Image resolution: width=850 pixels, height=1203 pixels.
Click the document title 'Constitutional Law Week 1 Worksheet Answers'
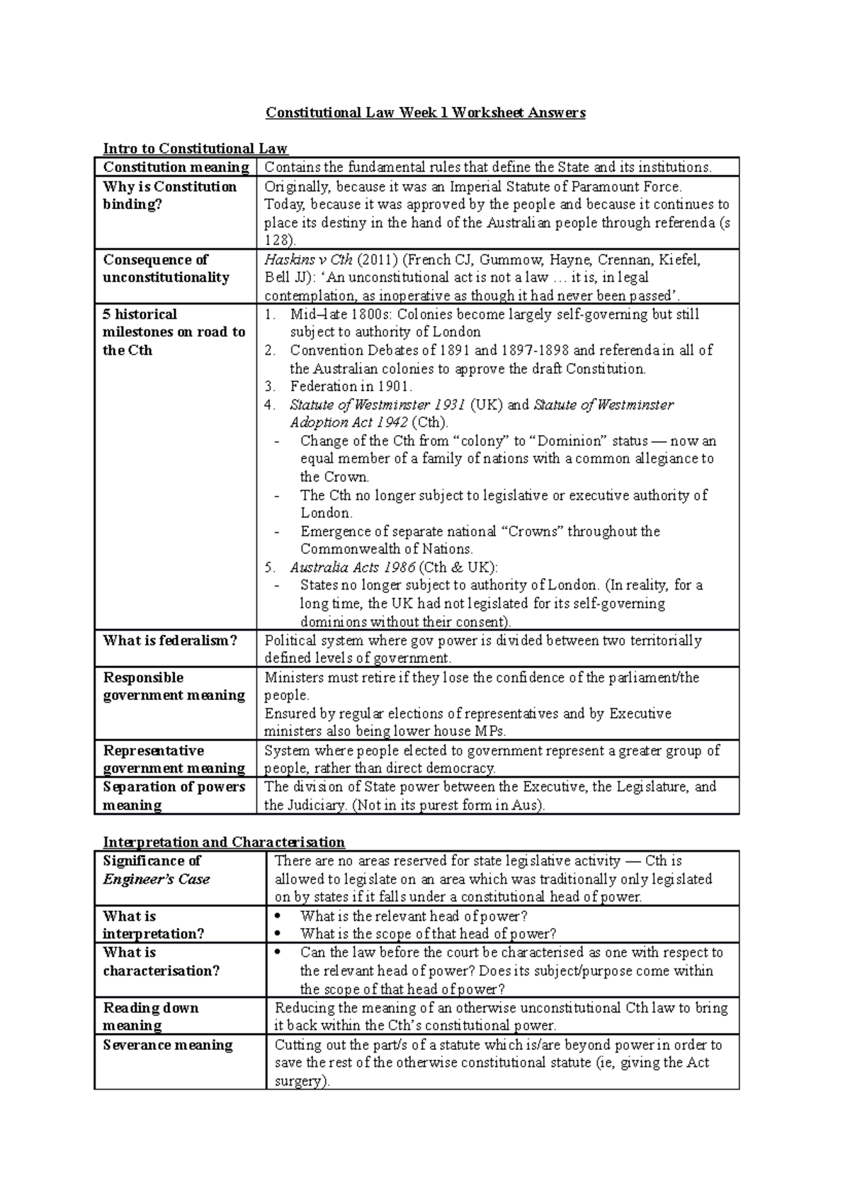click(425, 113)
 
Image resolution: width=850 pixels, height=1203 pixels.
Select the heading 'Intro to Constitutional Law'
click(195, 149)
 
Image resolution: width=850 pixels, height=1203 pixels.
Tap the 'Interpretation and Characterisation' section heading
click(224, 842)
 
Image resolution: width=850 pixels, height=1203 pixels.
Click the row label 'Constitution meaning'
click(176, 167)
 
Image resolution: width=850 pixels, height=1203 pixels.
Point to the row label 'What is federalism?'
click(170, 640)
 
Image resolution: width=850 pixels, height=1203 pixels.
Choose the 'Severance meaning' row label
click(168, 1045)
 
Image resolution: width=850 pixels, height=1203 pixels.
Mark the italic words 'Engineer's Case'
click(157, 879)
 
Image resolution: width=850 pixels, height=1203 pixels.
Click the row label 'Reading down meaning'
click(151, 1017)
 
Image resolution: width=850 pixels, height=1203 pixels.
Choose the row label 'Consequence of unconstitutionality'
click(166, 269)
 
